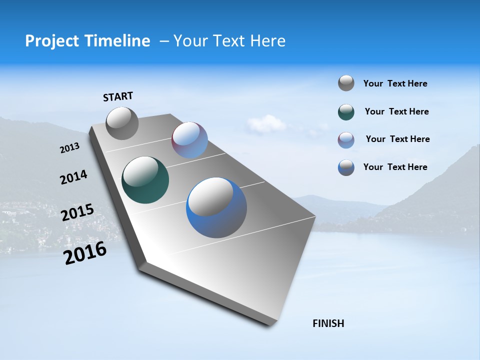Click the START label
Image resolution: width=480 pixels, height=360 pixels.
coord(118,96)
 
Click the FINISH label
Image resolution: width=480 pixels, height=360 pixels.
coord(328,323)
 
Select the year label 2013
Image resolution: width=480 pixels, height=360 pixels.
coord(69,148)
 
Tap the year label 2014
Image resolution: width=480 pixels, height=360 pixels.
coord(73,177)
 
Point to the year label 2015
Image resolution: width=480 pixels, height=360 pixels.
coord(77,212)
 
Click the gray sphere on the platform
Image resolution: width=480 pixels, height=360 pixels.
coord(122,123)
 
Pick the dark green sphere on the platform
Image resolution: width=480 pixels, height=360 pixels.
coord(145,180)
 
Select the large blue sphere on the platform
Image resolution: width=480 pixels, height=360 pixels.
coord(216,207)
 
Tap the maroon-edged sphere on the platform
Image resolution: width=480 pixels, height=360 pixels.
coord(189,140)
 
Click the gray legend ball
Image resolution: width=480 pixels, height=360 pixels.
coord(346,83)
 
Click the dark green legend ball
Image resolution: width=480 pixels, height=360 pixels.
coord(346,112)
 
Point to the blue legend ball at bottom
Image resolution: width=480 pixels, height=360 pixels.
coord(346,167)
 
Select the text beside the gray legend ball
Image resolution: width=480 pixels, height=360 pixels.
coord(395,84)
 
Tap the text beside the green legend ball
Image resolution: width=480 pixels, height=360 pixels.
coord(396,112)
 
